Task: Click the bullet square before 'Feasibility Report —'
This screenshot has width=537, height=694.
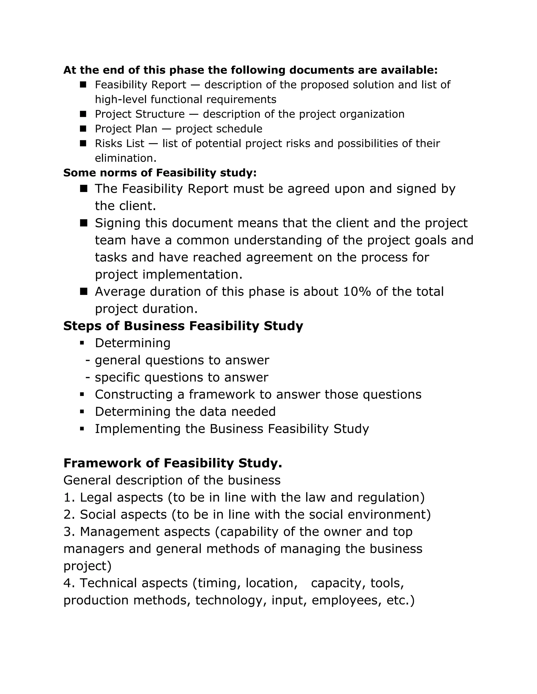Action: coord(83,85)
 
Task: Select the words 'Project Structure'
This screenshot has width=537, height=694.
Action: coord(140,114)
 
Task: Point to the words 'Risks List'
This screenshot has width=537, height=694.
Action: coord(120,143)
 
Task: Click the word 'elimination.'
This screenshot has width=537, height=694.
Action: coord(126,158)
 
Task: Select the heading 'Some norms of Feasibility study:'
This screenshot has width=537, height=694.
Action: coord(160,173)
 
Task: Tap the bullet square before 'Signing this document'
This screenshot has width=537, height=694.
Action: coord(83,223)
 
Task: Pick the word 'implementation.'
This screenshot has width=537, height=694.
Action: coord(192,274)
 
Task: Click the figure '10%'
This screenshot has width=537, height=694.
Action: coord(357,292)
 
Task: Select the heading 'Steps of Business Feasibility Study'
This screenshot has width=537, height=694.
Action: coord(183,326)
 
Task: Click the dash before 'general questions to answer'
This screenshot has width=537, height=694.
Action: coord(88,360)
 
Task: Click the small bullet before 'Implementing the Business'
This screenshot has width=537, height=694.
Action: coord(82,429)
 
